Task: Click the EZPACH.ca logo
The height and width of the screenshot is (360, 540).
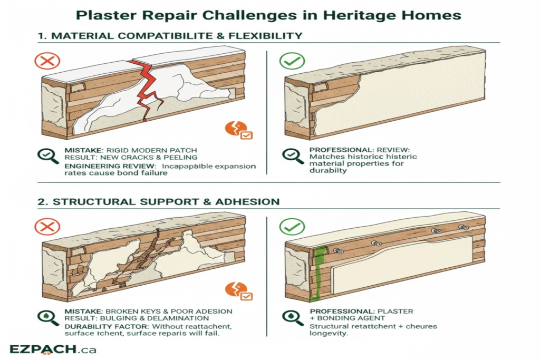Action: coord(53,349)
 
